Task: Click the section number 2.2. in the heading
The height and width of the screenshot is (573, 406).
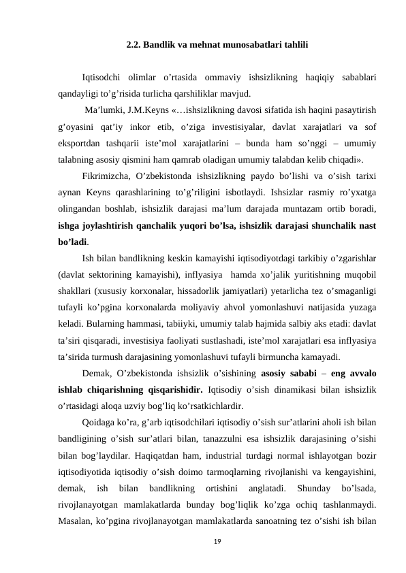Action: click(x=134, y=46)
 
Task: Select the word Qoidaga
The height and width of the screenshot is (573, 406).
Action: click(x=97, y=421)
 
